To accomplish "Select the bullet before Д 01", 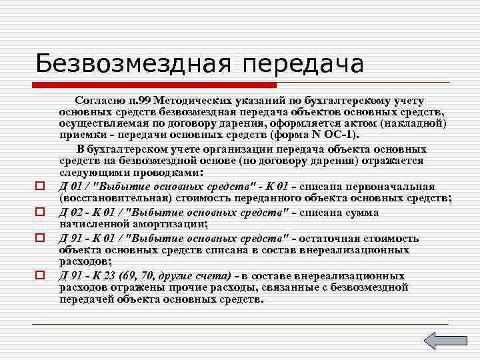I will pos(40,185).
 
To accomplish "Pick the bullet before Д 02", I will pos(40,212).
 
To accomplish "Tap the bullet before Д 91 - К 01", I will pos(40,237).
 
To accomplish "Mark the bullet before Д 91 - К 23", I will pos(40,274).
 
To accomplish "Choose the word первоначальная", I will pos(393,185).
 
